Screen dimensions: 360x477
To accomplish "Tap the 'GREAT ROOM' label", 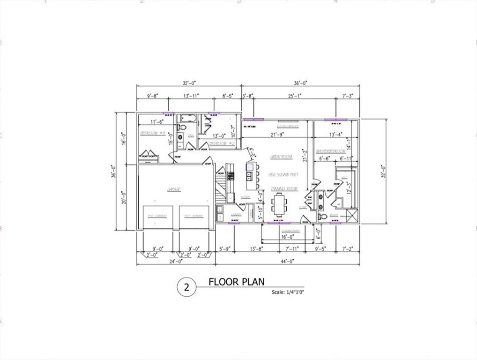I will tap(281, 157).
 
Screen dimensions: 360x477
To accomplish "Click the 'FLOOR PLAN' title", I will tap(236, 282).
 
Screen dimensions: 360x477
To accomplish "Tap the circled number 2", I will tap(187, 288).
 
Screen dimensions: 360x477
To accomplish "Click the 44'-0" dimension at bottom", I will tap(287, 261).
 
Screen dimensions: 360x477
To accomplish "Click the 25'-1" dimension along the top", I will tap(295, 96).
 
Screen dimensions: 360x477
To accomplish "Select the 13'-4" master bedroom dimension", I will tap(336, 135).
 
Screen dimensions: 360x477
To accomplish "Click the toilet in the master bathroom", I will tap(323, 217).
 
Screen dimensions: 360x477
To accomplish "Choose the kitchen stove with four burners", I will tap(231, 176).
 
